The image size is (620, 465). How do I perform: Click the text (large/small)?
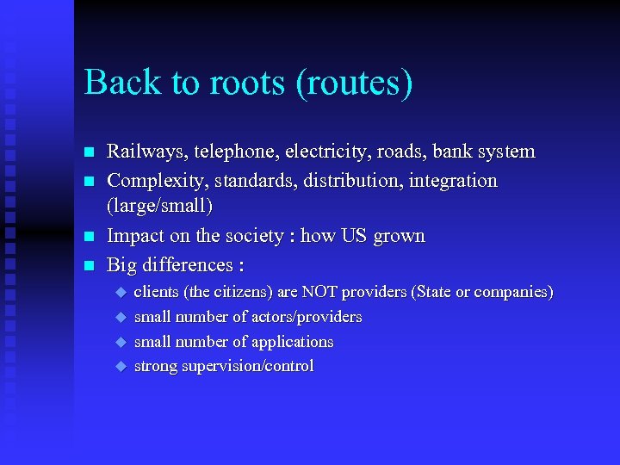[x=159, y=208]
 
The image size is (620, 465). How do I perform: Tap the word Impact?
[x=133, y=236]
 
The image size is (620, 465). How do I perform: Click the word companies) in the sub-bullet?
[x=513, y=293]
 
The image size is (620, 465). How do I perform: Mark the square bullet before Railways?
[x=88, y=153]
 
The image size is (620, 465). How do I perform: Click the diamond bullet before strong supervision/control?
[x=120, y=366]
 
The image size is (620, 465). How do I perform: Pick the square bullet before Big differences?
[x=88, y=265]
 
